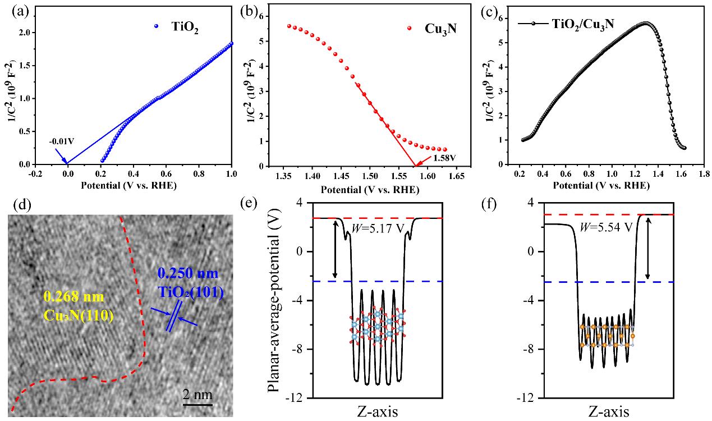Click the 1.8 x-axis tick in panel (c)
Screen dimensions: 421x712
pyautogui.click(x=701, y=175)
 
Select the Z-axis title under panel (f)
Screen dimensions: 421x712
pyautogui.click(x=609, y=413)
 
